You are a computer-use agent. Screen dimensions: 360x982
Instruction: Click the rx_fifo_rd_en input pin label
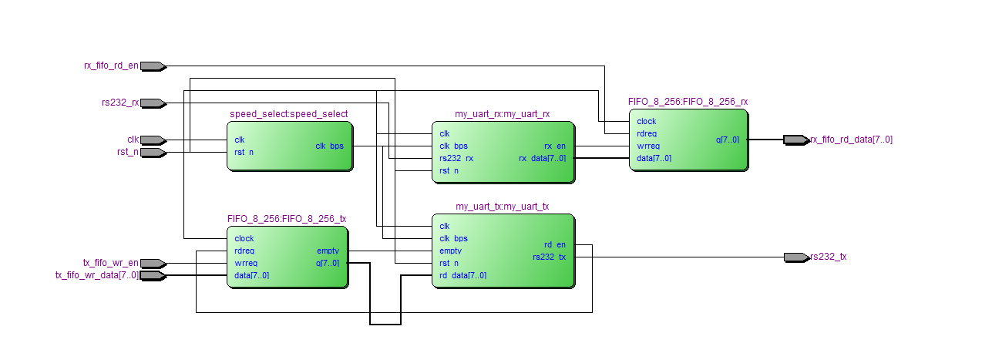pyautogui.click(x=111, y=66)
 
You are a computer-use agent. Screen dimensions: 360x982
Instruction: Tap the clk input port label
pyautogui.click(x=133, y=140)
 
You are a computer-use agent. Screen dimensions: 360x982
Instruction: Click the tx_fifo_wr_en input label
pyautogui.click(x=111, y=263)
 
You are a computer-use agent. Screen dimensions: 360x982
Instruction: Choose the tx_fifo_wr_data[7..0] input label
pyautogui.click(x=97, y=275)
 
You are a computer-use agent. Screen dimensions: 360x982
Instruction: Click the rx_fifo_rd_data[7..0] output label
pyautogui.click(x=851, y=140)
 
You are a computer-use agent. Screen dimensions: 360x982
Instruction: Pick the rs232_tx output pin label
pyautogui.click(x=828, y=257)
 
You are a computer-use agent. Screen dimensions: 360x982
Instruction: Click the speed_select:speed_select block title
pyautogui.click(x=288, y=114)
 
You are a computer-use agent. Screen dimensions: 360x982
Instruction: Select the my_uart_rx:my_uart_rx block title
pyautogui.click(x=502, y=114)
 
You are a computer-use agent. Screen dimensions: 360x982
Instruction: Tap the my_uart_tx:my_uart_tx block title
pyautogui.click(x=502, y=207)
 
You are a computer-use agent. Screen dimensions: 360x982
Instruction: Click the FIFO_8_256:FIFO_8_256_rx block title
pyautogui.click(x=688, y=101)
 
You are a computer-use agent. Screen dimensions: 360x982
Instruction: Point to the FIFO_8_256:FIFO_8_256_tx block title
pyautogui.click(x=287, y=219)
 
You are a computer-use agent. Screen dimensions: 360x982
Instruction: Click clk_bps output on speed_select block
pyautogui.click(x=331, y=146)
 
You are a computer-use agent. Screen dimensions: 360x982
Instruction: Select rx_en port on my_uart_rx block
pyautogui.click(x=554, y=146)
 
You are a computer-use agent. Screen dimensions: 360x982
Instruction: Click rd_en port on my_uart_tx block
pyautogui.click(x=554, y=244)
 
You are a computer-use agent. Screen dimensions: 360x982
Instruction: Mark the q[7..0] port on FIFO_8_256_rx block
pyautogui.click(x=727, y=140)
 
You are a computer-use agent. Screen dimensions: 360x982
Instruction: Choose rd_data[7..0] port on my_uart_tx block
pyautogui.click(x=462, y=275)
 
